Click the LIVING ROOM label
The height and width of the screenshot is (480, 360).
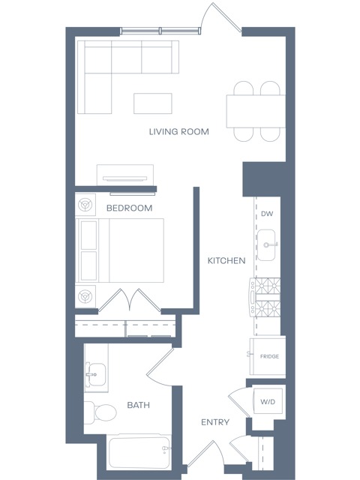[179, 132]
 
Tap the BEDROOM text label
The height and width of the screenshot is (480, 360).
[129, 208]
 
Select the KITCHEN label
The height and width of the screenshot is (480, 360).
[226, 260]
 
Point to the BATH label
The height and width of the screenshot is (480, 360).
[138, 405]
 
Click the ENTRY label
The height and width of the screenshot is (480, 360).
[215, 422]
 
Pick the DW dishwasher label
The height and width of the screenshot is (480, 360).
[267, 214]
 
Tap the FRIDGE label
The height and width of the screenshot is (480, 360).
[269, 356]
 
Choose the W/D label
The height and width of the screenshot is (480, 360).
[268, 402]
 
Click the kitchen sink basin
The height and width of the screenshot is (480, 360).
[266, 245]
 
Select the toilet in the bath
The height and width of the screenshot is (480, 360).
[100, 412]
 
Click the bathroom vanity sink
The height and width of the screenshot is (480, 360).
[95, 374]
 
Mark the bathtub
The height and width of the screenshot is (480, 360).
[139, 452]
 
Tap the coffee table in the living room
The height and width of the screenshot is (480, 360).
[153, 103]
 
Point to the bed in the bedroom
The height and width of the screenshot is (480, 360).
[120, 250]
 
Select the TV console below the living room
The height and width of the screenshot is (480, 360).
[125, 175]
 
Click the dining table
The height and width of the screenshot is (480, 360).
[256, 111]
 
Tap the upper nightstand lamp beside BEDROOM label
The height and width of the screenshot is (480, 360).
[85, 203]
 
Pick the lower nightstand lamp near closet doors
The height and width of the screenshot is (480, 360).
[85, 296]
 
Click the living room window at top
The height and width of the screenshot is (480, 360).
[160, 30]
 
